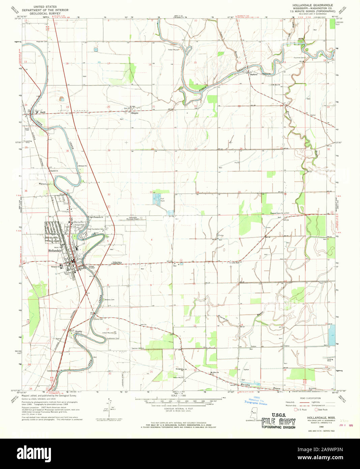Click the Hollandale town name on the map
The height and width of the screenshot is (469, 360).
(x=55, y=251)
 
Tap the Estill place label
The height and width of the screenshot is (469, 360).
(x=43, y=112)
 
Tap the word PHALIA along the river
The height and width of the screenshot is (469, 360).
(x=240, y=71)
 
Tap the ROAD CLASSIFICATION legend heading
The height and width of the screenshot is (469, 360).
(x=310, y=398)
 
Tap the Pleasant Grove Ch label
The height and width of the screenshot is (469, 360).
(x=277, y=213)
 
